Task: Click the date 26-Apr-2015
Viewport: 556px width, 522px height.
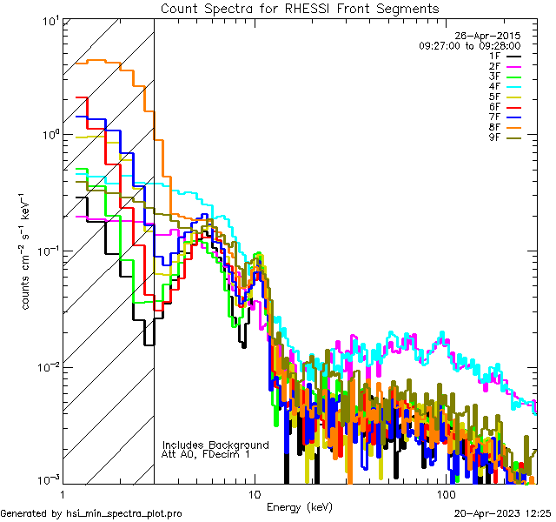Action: pyautogui.click(x=493, y=36)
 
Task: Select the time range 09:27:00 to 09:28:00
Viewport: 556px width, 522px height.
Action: pyautogui.click(x=469, y=45)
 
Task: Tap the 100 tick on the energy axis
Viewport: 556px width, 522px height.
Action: pyautogui.click(x=446, y=493)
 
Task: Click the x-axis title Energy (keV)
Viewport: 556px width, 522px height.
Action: pyautogui.click(x=300, y=506)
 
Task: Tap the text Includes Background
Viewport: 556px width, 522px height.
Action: pyautogui.click(x=215, y=445)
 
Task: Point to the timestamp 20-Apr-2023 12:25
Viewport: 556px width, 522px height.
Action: pyautogui.click(x=504, y=514)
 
